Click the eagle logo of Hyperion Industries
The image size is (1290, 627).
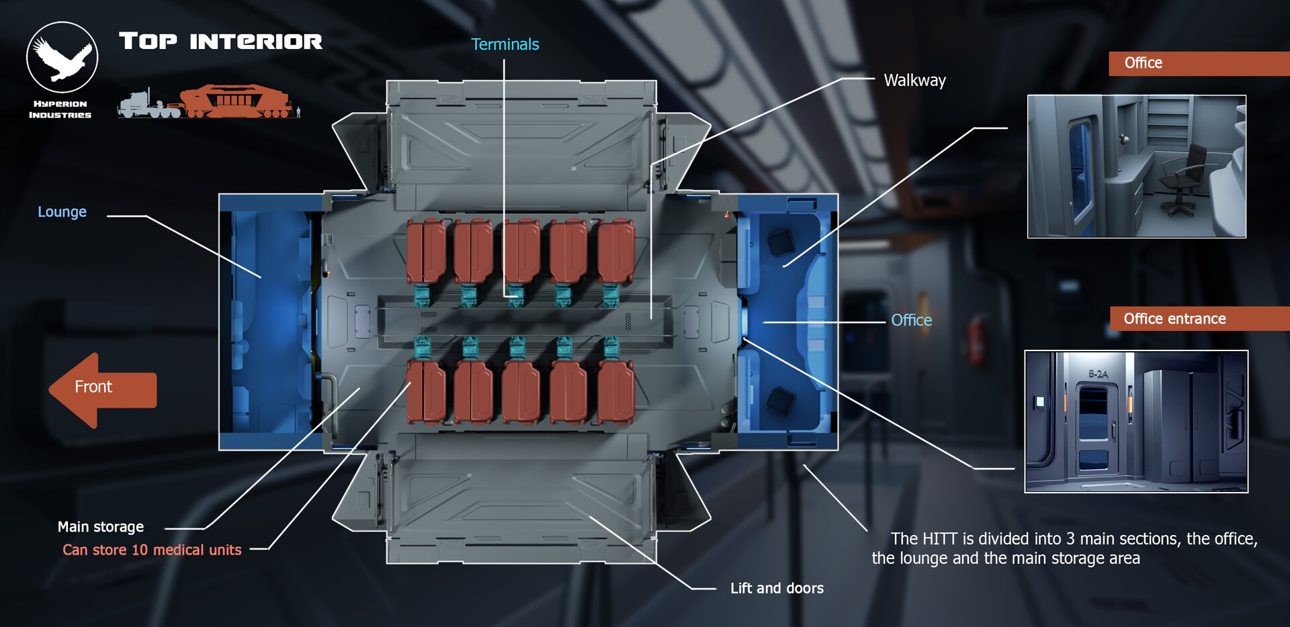[x=62, y=58]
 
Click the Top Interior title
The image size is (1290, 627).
[x=220, y=42]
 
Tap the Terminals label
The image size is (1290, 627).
[x=505, y=44]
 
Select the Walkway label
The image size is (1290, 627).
[x=914, y=81]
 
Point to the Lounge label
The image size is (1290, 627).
[x=62, y=211]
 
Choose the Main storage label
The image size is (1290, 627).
[x=101, y=527]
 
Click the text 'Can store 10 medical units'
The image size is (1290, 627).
[x=152, y=550]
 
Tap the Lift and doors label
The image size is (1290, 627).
[x=777, y=588]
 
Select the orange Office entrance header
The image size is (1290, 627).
[x=1174, y=319]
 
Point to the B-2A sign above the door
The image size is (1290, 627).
[x=1098, y=374]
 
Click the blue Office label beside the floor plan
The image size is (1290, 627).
[x=911, y=320]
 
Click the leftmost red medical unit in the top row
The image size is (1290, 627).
[x=425, y=250]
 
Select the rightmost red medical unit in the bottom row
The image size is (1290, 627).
[x=615, y=393]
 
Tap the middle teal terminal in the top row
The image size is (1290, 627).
[x=516, y=295]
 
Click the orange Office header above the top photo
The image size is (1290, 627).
[x=1143, y=63]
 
